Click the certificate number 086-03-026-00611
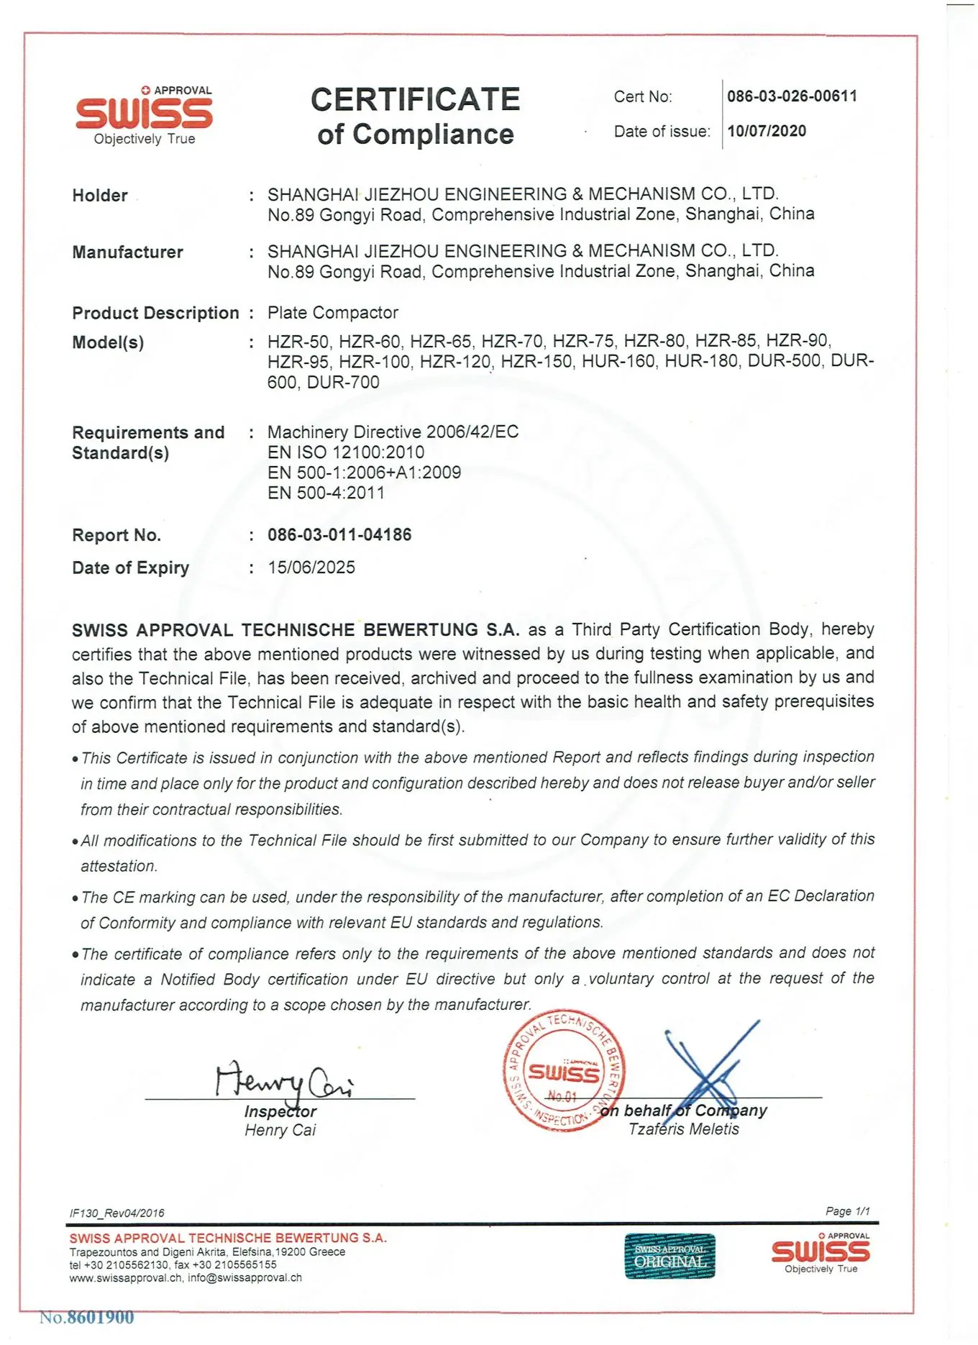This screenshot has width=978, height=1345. click(x=791, y=96)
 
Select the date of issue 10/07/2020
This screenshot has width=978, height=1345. click(x=766, y=131)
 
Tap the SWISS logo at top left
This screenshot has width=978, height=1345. click(x=144, y=114)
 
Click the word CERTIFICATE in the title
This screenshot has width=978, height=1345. click(x=415, y=99)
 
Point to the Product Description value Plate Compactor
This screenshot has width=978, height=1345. click(x=332, y=313)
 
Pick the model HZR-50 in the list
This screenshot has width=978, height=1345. click(x=298, y=341)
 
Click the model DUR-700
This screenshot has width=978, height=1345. click(x=343, y=382)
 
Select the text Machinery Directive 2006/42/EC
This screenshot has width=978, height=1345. click(x=393, y=432)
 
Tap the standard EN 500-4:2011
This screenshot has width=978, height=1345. click(x=326, y=493)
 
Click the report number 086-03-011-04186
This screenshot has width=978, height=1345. click(x=339, y=534)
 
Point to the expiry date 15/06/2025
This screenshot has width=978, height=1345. click(x=311, y=567)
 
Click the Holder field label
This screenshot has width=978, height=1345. click(x=100, y=196)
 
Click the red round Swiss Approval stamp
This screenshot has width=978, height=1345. click(x=563, y=1070)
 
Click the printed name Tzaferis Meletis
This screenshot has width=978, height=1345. click(x=683, y=1129)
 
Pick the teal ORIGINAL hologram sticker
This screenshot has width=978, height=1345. click(x=669, y=1257)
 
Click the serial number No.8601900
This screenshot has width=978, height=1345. click(x=87, y=1318)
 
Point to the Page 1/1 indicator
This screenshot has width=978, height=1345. click(x=847, y=1211)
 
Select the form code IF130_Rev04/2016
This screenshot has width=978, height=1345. click(x=116, y=1213)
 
